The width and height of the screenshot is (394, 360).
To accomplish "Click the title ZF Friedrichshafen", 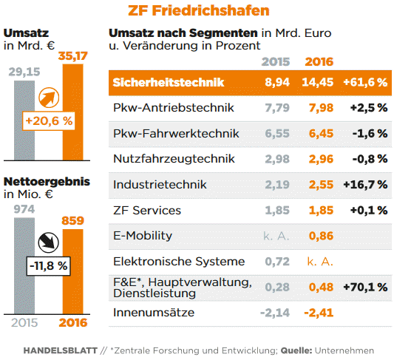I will coord(198,10).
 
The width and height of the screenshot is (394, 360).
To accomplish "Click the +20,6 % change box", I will coord(49,120).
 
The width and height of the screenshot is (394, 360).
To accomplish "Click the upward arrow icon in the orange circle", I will coord(49,97).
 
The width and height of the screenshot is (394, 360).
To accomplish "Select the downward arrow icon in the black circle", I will coord(49,241).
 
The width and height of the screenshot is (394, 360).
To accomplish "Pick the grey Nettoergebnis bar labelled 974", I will coord(24,266).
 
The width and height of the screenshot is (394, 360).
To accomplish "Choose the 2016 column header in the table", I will coord(319,61).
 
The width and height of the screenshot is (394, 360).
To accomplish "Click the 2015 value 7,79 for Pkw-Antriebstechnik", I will coord(276,108).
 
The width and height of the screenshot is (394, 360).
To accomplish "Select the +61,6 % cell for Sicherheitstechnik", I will coord(365,82).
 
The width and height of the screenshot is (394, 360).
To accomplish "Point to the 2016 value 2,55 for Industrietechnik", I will coord(319,184).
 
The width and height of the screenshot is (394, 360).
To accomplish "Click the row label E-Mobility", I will coord(143,236).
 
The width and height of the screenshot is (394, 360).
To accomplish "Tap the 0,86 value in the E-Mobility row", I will coord(319,236).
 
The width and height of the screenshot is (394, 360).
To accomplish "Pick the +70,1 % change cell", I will coord(365,287).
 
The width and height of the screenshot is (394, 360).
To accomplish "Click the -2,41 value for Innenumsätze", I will coord(319,313).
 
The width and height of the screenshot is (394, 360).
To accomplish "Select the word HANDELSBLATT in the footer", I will coord(59,350).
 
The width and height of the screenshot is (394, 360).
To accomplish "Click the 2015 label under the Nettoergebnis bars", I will coord(24,322).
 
